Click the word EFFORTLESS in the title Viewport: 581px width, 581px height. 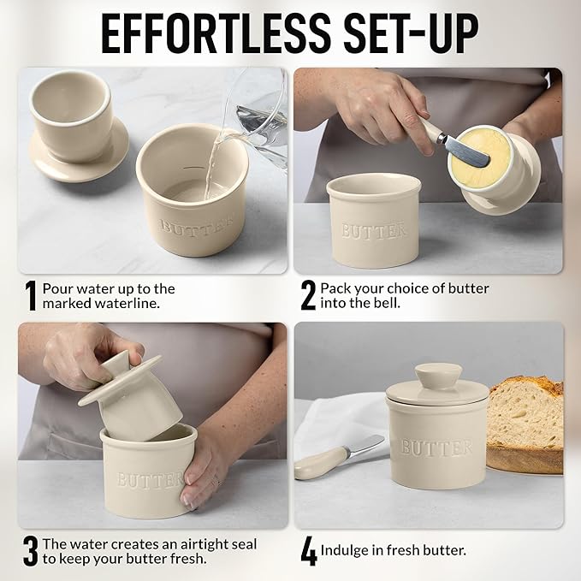pos(216,34)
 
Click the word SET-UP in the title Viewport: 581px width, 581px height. pos(412,34)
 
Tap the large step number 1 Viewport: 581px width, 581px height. pos(31,296)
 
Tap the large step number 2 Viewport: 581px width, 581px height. pos(308,295)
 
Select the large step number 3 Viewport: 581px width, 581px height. pos(31,551)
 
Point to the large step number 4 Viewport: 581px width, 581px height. pos(309,551)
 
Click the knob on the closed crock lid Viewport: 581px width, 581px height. pos(438,376)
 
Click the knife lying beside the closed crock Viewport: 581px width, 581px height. pos(338,456)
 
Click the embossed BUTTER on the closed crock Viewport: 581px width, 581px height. pos(436,448)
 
